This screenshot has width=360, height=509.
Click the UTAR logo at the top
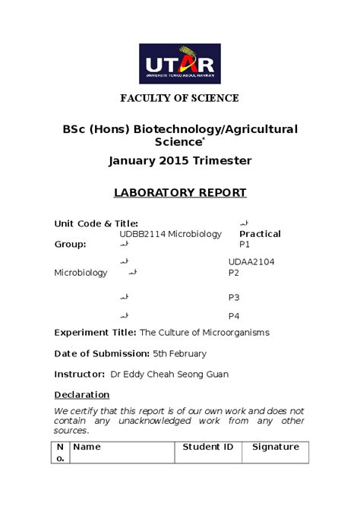point(179,63)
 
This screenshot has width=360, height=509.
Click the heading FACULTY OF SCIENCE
point(180,98)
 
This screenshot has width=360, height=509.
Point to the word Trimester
point(223,161)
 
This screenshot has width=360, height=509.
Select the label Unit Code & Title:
point(96,223)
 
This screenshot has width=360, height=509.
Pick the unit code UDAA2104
point(251,262)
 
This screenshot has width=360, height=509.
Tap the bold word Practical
point(260,234)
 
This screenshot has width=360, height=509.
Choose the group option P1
point(245,245)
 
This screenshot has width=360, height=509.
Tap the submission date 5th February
point(179,353)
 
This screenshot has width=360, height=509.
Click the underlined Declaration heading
point(82,395)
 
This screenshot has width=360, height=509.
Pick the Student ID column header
point(208,447)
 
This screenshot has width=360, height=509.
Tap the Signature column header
point(276,447)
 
